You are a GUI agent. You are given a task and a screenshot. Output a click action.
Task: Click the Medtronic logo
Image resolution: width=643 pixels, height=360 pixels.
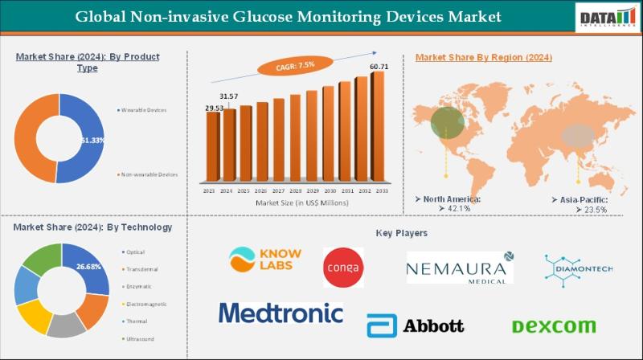pyautogui.click(x=281, y=312)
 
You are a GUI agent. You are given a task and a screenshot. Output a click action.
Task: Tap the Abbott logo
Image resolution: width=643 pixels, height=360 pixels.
pyautogui.click(x=415, y=325)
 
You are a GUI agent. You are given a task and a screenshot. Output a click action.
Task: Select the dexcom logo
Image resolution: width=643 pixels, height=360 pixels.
pyautogui.click(x=554, y=325)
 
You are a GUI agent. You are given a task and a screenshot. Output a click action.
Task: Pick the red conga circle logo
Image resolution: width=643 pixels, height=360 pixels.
pyautogui.click(x=343, y=267)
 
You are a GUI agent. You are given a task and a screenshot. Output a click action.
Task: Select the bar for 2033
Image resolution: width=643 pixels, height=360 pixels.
pyautogui.click(x=377, y=129)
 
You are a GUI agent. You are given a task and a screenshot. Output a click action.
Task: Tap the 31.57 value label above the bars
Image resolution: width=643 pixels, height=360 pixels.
pyautogui.click(x=229, y=96)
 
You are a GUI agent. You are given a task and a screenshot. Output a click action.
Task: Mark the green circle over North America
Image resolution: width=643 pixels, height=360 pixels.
pyautogui.click(x=447, y=122)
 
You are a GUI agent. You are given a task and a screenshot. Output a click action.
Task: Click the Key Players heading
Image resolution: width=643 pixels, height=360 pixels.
pyautogui.click(x=401, y=232)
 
